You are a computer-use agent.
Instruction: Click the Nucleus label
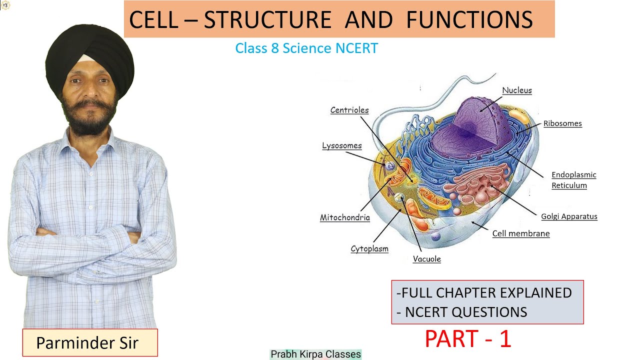[517, 90]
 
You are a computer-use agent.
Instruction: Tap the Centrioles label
[349, 110]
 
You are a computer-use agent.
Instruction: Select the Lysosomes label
[342, 145]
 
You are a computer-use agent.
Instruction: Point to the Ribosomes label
[562, 123]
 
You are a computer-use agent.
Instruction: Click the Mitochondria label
[345, 217]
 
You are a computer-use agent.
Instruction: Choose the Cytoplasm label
[369, 249]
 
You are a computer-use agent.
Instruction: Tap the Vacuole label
[427, 259]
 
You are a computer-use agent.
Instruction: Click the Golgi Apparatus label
[569, 216]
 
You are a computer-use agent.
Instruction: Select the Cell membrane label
[521, 233]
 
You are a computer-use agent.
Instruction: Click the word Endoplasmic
[573, 175]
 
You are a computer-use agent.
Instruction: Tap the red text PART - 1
[468, 339]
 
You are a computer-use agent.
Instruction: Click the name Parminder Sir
[87, 343]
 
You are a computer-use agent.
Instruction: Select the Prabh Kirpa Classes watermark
[315, 354]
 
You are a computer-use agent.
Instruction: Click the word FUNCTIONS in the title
[469, 19]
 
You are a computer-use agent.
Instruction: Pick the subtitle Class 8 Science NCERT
[306, 48]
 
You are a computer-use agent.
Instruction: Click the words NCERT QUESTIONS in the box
[466, 312]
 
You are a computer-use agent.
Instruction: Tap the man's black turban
[90, 57]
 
